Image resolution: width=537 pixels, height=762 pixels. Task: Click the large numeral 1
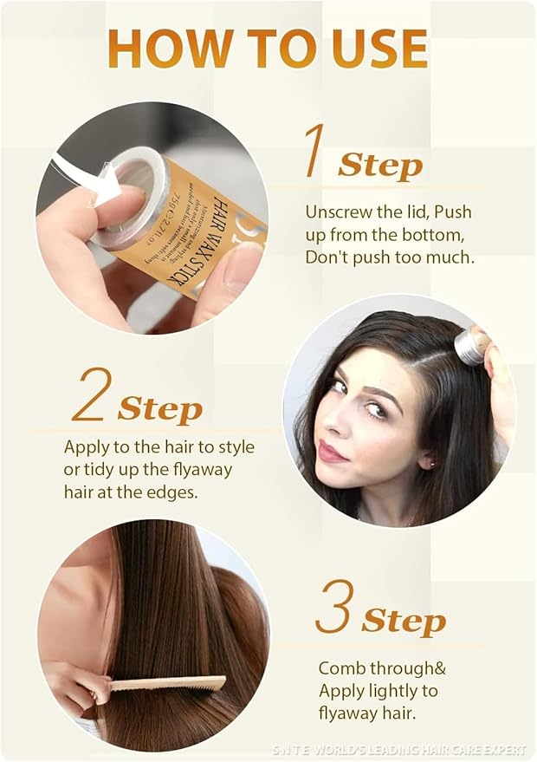click(x=314, y=151)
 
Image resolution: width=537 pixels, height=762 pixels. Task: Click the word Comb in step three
click(x=340, y=668)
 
